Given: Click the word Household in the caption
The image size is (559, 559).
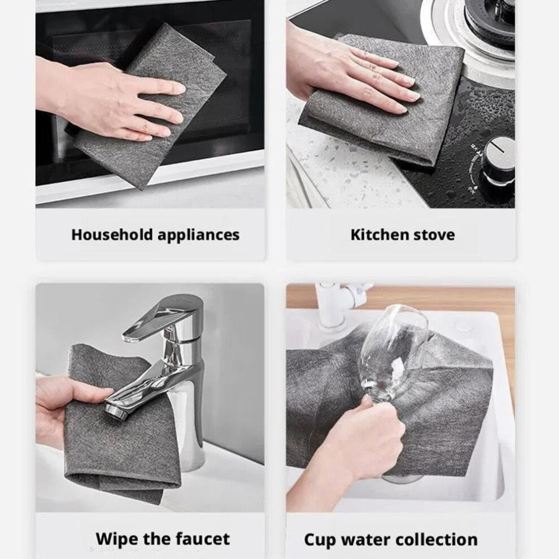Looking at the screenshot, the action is tap(112, 234).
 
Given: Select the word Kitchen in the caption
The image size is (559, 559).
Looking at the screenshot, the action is tap(375, 234).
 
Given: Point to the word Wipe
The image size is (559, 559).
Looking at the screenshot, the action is tap(116, 539).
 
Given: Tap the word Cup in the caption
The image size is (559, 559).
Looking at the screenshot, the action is tap(320, 540).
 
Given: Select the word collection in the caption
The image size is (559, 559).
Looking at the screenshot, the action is tap(436, 540).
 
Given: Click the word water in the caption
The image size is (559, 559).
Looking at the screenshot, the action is tap(366, 540).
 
